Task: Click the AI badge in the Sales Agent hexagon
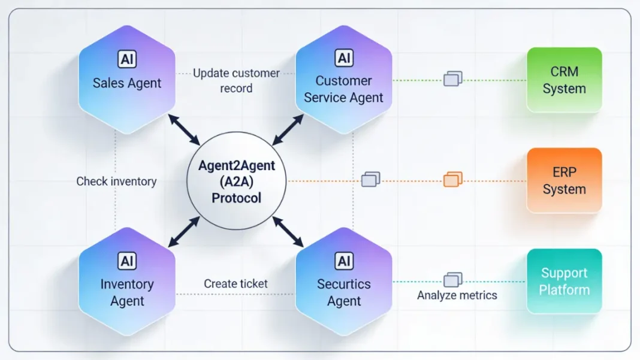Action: click(127, 59)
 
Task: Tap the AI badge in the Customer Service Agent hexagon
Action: click(344, 58)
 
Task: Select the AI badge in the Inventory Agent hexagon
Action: click(127, 261)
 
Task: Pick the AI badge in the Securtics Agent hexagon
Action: click(344, 261)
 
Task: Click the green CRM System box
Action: click(564, 80)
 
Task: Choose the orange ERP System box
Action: click(564, 180)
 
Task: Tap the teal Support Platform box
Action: click(564, 281)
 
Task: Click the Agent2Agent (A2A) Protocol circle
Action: click(237, 180)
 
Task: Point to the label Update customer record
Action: click(236, 80)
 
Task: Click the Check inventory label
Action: click(116, 181)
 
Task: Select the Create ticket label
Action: click(236, 283)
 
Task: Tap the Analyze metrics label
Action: click(457, 295)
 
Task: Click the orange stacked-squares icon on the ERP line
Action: click(453, 179)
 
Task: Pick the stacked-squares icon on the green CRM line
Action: click(453, 78)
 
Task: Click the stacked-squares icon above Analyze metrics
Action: click(453, 280)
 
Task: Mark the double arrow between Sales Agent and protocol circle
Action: click(184, 129)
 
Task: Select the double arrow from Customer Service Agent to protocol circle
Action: click(288, 129)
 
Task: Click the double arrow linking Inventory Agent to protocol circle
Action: click(184, 232)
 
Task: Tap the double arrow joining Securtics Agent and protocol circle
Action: click(288, 232)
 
